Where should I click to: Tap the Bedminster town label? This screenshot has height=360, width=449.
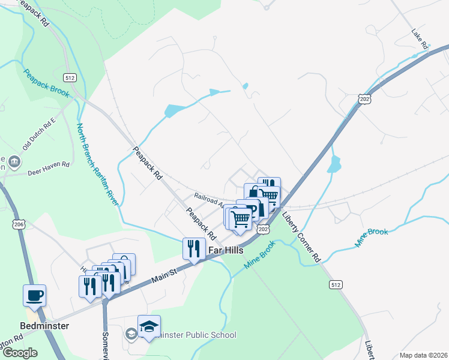coord(44,326)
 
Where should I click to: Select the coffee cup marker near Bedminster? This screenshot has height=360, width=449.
coord(34,295)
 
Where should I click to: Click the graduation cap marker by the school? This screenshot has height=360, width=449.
coord(149,326)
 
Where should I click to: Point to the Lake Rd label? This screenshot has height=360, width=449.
coord(419,38)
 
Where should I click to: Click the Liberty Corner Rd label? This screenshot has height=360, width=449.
coord(301,239)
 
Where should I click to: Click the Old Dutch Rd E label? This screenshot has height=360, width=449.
coord(39,137)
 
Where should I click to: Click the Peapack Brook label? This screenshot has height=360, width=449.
coord(46,83)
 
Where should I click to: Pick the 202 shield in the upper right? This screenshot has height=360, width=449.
coord(364,98)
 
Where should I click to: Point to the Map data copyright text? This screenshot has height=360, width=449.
coord(423,355)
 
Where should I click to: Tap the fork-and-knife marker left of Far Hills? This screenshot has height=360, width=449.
coord(193,248)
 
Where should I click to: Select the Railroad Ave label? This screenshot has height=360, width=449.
coord(208,197)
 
